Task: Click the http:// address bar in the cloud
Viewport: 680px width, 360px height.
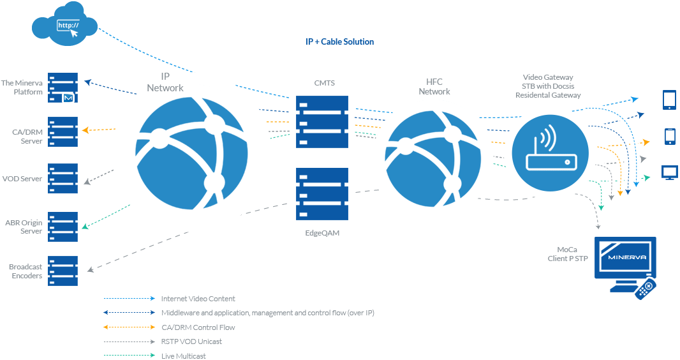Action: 68,26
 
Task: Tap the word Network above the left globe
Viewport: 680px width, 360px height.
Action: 165,88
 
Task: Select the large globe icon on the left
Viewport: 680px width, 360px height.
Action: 191,154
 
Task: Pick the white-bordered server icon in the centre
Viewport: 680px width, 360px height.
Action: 322,122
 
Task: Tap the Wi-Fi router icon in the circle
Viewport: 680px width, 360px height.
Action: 550,153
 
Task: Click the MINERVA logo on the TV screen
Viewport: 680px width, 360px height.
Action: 625,258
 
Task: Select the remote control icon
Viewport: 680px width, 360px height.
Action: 646,289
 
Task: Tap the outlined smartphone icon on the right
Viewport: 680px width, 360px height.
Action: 670,137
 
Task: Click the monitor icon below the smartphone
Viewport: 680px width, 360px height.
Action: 669,172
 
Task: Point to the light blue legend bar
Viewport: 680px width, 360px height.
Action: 133,298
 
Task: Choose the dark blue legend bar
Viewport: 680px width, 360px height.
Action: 133,313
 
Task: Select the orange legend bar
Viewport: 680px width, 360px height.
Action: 133,327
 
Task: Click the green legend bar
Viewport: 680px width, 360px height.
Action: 133,355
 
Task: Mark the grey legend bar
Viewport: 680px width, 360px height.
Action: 133,341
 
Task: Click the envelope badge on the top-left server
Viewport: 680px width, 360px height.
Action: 69,98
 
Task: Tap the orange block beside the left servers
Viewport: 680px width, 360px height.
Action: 96,128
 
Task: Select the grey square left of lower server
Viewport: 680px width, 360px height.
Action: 277,202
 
